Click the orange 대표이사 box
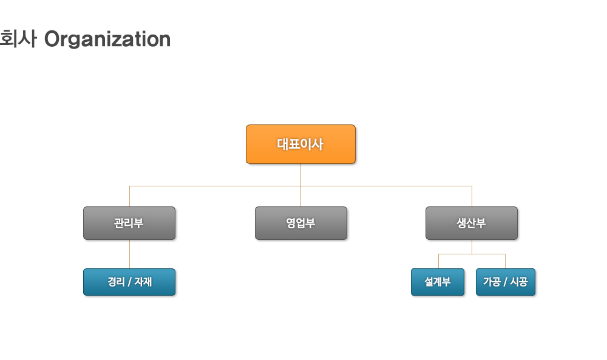(x=301, y=144)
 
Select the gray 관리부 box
(x=129, y=223)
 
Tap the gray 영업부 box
(x=301, y=223)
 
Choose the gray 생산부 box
(x=472, y=223)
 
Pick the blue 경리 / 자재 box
(x=129, y=282)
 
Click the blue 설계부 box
(x=438, y=282)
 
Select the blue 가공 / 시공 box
(x=505, y=282)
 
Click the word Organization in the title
(x=107, y=39)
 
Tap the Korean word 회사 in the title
(x=18, y=39)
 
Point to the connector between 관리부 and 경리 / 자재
(x=130, y=254)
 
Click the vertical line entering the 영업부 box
(x=301, y=196)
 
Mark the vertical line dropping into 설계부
(x=439, y=261)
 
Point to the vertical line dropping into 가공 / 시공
(x=505, y=261)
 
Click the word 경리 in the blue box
(x=116, y=282)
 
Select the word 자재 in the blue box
(x=143, y=282)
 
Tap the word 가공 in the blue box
(x=491, y=282)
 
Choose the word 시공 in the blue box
(x=519, y=282)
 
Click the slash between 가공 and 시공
(x=505, y=282)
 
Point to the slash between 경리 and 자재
(x=129, y=282)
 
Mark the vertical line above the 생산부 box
(x=472, y=196)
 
